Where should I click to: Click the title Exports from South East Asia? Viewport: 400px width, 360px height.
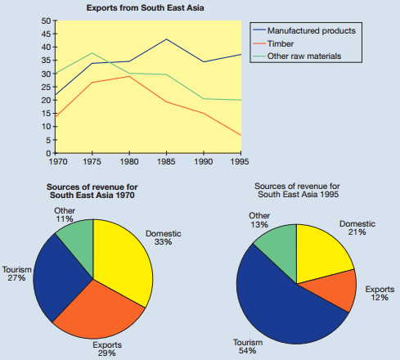click(145, 7)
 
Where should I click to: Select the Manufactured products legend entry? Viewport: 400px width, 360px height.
click(304, 30)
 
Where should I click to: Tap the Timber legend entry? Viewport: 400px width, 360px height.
click(273, 43)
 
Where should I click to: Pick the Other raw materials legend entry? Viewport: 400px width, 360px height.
click(297, 56)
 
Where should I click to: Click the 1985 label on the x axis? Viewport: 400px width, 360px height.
click(166, 162)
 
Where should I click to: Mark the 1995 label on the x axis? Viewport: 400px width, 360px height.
click(240, 162)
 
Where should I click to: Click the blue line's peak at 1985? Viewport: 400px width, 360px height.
click(166, 39)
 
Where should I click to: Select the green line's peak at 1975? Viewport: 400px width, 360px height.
click(92, 53)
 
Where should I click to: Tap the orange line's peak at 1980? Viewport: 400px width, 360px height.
click(129, 76)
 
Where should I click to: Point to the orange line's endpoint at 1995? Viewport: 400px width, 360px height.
click(241, 135)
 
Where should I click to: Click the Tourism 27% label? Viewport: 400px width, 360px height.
click(17, 273)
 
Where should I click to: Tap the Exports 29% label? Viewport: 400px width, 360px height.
click(107, 349)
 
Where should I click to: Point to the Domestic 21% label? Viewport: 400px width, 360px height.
click(357, 227)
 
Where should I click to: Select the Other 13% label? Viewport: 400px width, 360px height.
click(259, 220)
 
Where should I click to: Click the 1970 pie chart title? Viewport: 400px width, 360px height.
click(92, 191)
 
